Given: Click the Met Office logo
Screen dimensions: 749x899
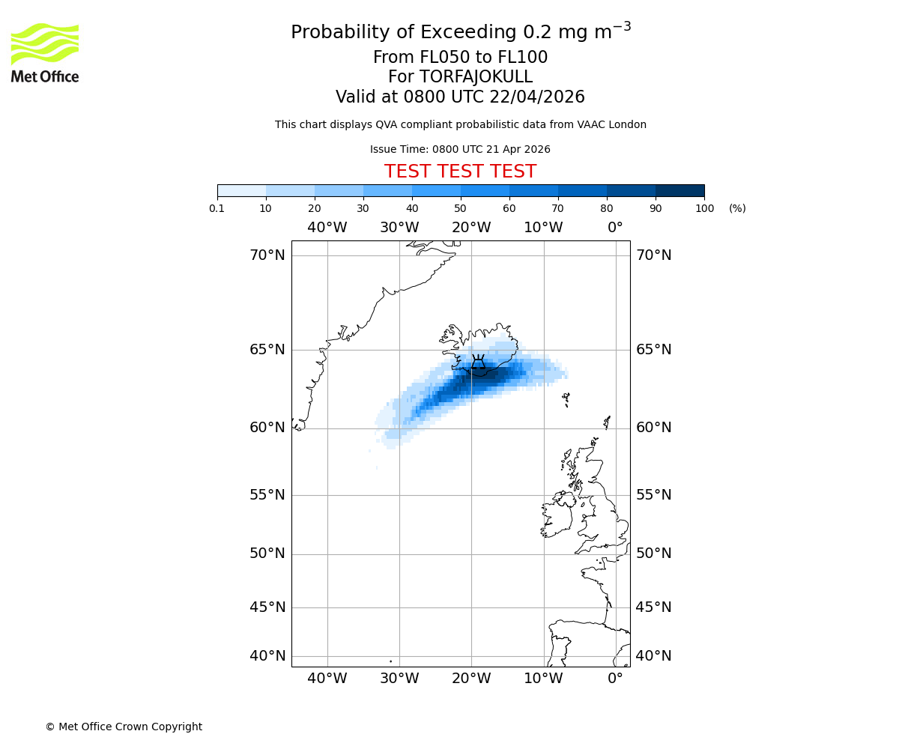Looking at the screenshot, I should click(45, 52).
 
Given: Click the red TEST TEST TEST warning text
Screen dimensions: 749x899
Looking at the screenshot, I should click(460, 172).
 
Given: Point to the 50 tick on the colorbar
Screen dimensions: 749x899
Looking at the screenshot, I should click(461, 196).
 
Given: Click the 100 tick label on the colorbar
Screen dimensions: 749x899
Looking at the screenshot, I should click(704, 208).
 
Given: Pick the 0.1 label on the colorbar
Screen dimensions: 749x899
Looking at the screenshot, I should click(217, 208).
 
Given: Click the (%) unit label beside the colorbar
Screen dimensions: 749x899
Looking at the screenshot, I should click(737, 208).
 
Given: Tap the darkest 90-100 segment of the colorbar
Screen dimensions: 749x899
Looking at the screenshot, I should click(679, 190).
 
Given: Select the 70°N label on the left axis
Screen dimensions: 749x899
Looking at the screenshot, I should click(267, 255).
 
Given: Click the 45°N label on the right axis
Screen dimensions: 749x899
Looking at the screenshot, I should click(653, 607).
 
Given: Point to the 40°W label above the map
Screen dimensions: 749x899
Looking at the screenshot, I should click(327, 228).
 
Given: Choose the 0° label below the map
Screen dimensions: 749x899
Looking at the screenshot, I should click(615, 679).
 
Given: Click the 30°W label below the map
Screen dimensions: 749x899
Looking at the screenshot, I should click(399, 679).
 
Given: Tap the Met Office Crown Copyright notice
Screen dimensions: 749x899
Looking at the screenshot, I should click(124, 727).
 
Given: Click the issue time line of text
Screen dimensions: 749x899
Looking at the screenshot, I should click(460, 149).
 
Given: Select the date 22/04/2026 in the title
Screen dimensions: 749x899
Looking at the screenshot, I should click(537, 97).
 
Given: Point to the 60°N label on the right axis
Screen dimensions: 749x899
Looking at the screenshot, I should click(653, 428).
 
